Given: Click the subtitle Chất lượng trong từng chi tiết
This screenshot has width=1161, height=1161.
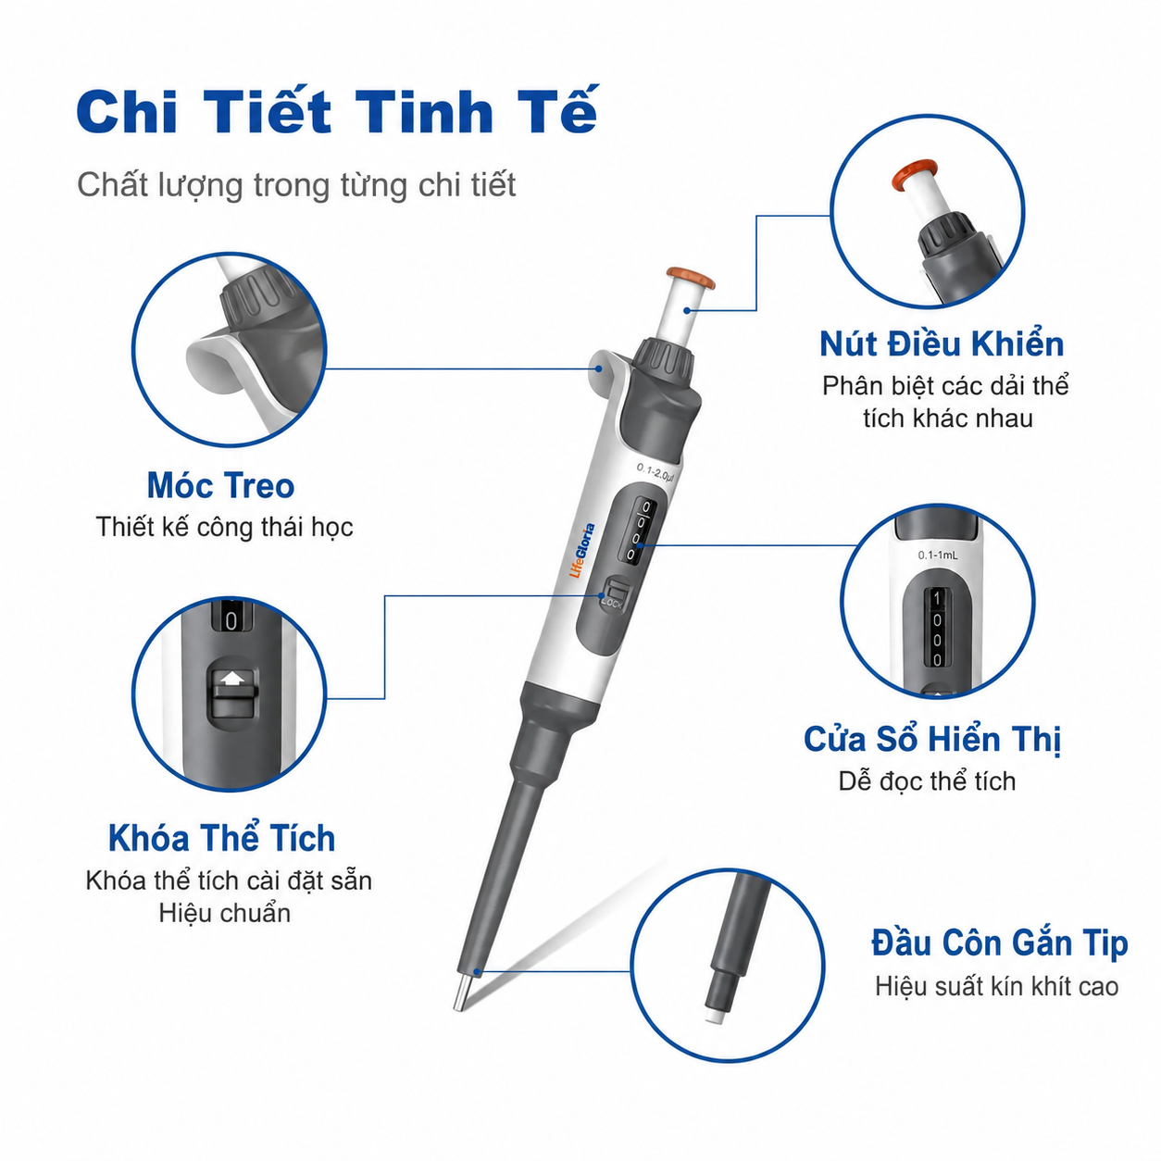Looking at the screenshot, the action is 296,185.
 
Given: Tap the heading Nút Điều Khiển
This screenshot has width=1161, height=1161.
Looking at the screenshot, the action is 942,343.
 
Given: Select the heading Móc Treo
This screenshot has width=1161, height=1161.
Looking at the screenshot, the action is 220,486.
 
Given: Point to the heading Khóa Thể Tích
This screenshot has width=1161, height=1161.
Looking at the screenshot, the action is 221,838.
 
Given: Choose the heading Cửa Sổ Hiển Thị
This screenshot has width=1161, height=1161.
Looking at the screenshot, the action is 932,739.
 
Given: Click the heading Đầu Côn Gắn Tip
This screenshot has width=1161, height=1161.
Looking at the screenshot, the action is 1000,943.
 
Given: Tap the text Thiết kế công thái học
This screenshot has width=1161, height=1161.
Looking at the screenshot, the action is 224,527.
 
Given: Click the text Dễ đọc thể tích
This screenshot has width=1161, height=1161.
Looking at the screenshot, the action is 928,781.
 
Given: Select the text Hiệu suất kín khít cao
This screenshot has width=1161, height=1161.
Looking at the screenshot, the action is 996,986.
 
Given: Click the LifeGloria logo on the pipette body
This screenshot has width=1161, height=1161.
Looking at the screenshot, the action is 582,550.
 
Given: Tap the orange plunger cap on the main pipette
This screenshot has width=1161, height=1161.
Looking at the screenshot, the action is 691,278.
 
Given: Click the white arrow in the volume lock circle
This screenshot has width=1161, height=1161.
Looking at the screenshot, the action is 232,679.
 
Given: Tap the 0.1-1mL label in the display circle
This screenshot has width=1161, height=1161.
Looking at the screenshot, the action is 938,555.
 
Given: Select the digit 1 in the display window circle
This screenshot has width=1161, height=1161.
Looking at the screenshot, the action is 936,598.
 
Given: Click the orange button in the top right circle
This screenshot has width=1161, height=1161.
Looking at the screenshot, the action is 915,174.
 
